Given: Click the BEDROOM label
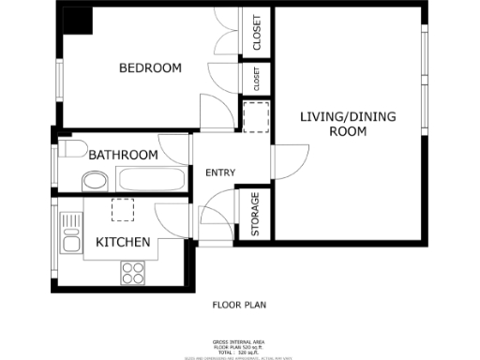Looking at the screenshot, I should tap(149, 68).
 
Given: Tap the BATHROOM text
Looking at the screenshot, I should tap(124, 155).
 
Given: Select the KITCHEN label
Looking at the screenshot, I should tap(124, 243).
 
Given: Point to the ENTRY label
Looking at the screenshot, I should tap(220, 172).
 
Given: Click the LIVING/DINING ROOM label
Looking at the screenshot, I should tap(348, 124).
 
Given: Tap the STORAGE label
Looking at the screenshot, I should tap(255, 214).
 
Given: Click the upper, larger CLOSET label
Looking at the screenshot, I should tap(257, 33).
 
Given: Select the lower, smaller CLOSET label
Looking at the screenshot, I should tap(256, 79).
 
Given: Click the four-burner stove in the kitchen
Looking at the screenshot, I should tap(133, 272).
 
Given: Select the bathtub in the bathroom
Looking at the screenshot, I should tap(152, 179).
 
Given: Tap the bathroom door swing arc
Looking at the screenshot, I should tap(176, 148).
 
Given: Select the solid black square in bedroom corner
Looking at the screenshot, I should tap(77, 21).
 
